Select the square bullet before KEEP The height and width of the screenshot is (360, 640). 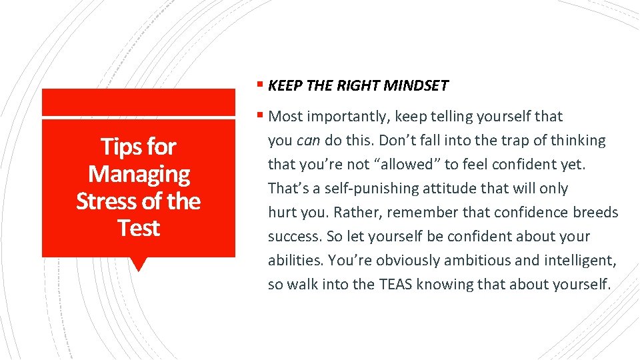[x=259, y=85]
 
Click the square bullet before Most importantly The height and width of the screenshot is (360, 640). [x=259, y=116]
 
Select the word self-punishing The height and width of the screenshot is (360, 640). [x=364, y=189]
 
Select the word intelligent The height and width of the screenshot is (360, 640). [x=573, y=261]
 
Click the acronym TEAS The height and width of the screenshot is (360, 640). [x=396, y=285]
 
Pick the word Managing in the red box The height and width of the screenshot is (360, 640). [x=139, y=174]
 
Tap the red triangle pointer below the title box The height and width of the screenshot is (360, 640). [x=139, y=264]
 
